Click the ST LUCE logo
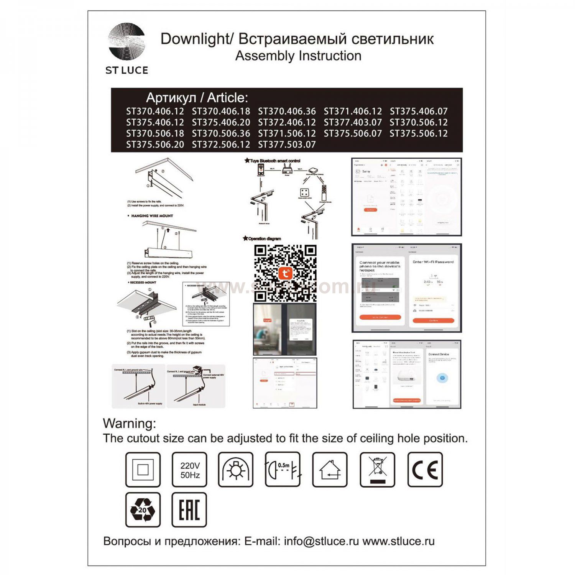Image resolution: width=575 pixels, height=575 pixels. tap(127, 49)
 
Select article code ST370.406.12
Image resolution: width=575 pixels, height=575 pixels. tap(155, 112)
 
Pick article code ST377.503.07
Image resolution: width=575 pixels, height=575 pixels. tap(287, 145)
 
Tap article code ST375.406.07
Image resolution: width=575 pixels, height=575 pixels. tap(419, 112)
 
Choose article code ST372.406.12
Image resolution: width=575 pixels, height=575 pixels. tap(287, 123)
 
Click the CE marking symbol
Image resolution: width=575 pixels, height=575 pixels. tap(425, 470)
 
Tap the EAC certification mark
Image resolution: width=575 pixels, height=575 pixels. tap(189, 510)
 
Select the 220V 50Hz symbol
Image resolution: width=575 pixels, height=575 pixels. tap(189, 470)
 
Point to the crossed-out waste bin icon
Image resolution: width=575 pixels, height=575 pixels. tap(377, 470)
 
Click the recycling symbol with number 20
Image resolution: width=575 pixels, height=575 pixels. tap(143, 510)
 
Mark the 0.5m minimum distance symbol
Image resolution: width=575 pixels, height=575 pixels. tap(283, 470)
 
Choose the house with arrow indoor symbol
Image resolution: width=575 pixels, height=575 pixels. tap(330, 470)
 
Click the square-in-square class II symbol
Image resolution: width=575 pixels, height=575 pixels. tap(143, 470)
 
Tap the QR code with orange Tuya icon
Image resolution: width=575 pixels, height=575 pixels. tap(285, 273)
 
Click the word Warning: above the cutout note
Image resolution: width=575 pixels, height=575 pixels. tap(130, 424)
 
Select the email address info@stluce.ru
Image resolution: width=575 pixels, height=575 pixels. tap(321, 541)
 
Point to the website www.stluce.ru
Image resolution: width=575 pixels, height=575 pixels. tap(398, 541)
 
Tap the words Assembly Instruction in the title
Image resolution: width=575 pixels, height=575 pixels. tap(298, 56)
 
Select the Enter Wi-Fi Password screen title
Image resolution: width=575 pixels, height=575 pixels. tap(433, 262)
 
